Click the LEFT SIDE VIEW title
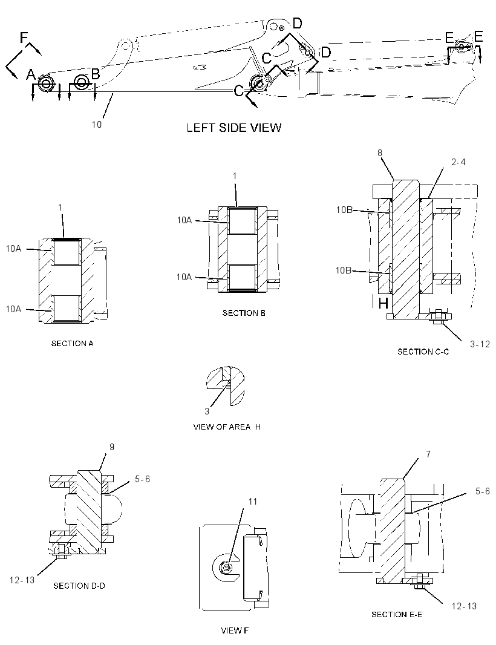(x=233, y=128)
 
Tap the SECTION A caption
(x=72, y=343)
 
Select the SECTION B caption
(x=244, y=313)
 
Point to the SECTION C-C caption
(x=423, y=352)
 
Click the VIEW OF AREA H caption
(x=227, y=427)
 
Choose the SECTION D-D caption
(x=79, y=585)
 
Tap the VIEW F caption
(x=235, y=630)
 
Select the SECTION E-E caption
(x=397, y=614)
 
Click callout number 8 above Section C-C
(x=380, y=153)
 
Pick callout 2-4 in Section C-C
(x=458, y=162)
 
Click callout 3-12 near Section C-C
(x=480, y=344)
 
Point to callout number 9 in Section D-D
(x=111, y=447)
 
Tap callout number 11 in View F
(x=252, y=501)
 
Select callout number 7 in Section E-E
(x=428, y=454)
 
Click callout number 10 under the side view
(x=96, y=124)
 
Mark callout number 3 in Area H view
(x=207, y=411)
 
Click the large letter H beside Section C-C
(x=383, y=304)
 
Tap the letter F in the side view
(x=24, y=38)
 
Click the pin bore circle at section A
(x=45, y=83)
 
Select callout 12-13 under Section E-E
(x=464, y=606)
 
